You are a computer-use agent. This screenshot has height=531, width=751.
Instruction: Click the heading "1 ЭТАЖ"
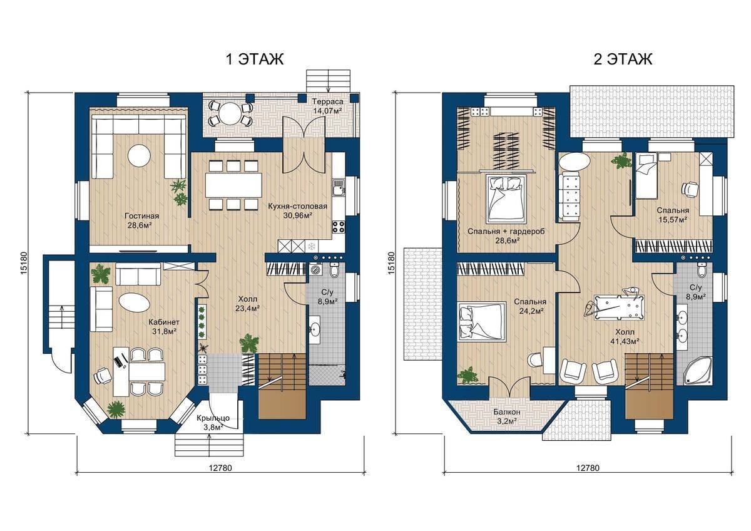point(255,59)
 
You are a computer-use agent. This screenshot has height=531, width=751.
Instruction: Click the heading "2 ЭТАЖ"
point(623,59)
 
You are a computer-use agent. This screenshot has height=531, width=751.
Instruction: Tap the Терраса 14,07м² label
point(327,106)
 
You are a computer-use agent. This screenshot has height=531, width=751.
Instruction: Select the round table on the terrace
point(230,113)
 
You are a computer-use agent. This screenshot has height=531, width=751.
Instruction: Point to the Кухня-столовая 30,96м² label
point(297,210)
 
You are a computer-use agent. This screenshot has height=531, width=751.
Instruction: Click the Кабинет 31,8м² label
point(163,327)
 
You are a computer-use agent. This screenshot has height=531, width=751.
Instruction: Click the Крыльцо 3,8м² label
point(213,423)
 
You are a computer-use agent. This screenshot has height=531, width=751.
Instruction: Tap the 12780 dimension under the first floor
point(220,468)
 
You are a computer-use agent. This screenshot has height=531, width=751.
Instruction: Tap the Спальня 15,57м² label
point(673,215)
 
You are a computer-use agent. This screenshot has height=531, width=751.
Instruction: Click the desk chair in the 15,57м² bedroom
point(690,188)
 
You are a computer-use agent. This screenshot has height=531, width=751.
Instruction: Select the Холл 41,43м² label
point(625,336)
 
